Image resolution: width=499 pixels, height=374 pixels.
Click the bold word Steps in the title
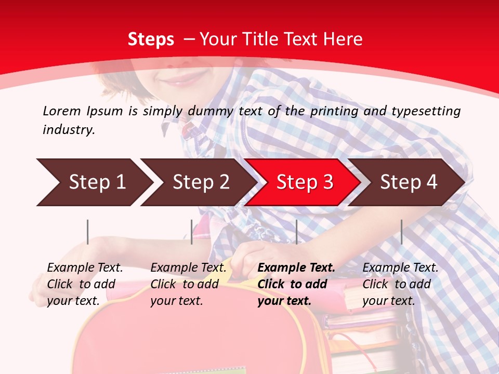pyautogui.click(x=151, y=39)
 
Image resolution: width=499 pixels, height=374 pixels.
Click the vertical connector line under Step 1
pyautogui.click(x=88, y=232)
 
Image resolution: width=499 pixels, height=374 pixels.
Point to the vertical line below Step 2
pyautogui.click(x=192, y=232)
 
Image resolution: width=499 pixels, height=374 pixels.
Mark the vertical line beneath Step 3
pyautogui.click(x=296, y=232)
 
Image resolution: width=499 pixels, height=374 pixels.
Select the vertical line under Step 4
pyautogui.click(x=401, y=232)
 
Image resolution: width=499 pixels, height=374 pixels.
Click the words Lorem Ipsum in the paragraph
pyautogui.click(x=83, y=111)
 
